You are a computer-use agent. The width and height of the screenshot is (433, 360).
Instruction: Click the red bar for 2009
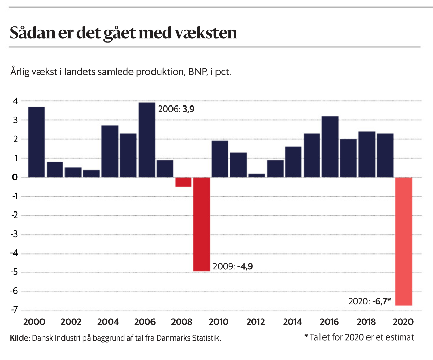201,224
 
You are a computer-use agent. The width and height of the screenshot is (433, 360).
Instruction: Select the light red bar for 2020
403,241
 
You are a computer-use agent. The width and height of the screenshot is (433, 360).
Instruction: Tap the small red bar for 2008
183,182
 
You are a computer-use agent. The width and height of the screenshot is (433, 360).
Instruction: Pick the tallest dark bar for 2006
146,140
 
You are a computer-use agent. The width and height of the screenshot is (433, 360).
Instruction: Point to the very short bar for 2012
257,175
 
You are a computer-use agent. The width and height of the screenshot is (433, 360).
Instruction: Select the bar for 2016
330,146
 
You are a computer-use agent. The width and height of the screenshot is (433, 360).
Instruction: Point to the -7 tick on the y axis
15,310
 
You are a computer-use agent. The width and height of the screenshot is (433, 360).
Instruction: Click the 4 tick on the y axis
16,101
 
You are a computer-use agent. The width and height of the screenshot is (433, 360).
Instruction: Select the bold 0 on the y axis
16,177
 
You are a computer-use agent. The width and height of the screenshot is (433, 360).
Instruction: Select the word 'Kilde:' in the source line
20,338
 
